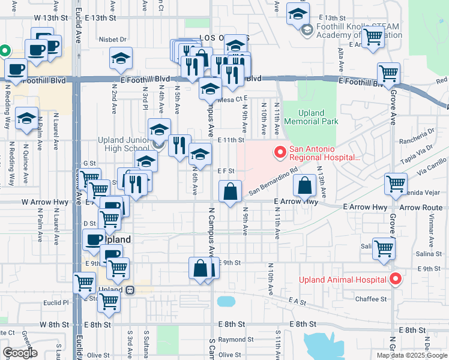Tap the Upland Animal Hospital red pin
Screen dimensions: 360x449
pyautogui.click(x=395, y=279)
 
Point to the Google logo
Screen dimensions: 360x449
pyautogui.click(x=20, y=353)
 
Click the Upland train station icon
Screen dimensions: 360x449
pyautogui.click(x=129, y=289)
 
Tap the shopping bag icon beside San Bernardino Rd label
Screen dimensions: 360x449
pyautogui.click(x=231, y=192)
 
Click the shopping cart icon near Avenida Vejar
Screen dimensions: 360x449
pyautogui.click(x=396, y=184)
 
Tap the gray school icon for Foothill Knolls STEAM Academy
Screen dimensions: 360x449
pyautogui.click(x=307, y=29)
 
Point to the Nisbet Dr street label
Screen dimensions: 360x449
pyautogui.click(x=115, y=40)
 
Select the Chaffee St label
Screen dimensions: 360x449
pyautogui.click(x=371, y=299)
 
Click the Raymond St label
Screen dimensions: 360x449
pyautogui.click(x=232, y=339)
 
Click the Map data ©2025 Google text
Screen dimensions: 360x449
pyautogui.click(x=411, y=355)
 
